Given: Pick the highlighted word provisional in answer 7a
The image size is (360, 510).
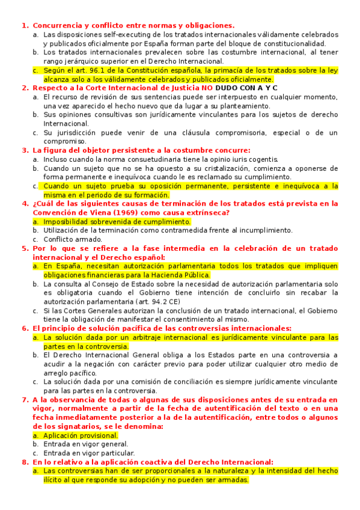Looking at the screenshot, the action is (x=99, y=435).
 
